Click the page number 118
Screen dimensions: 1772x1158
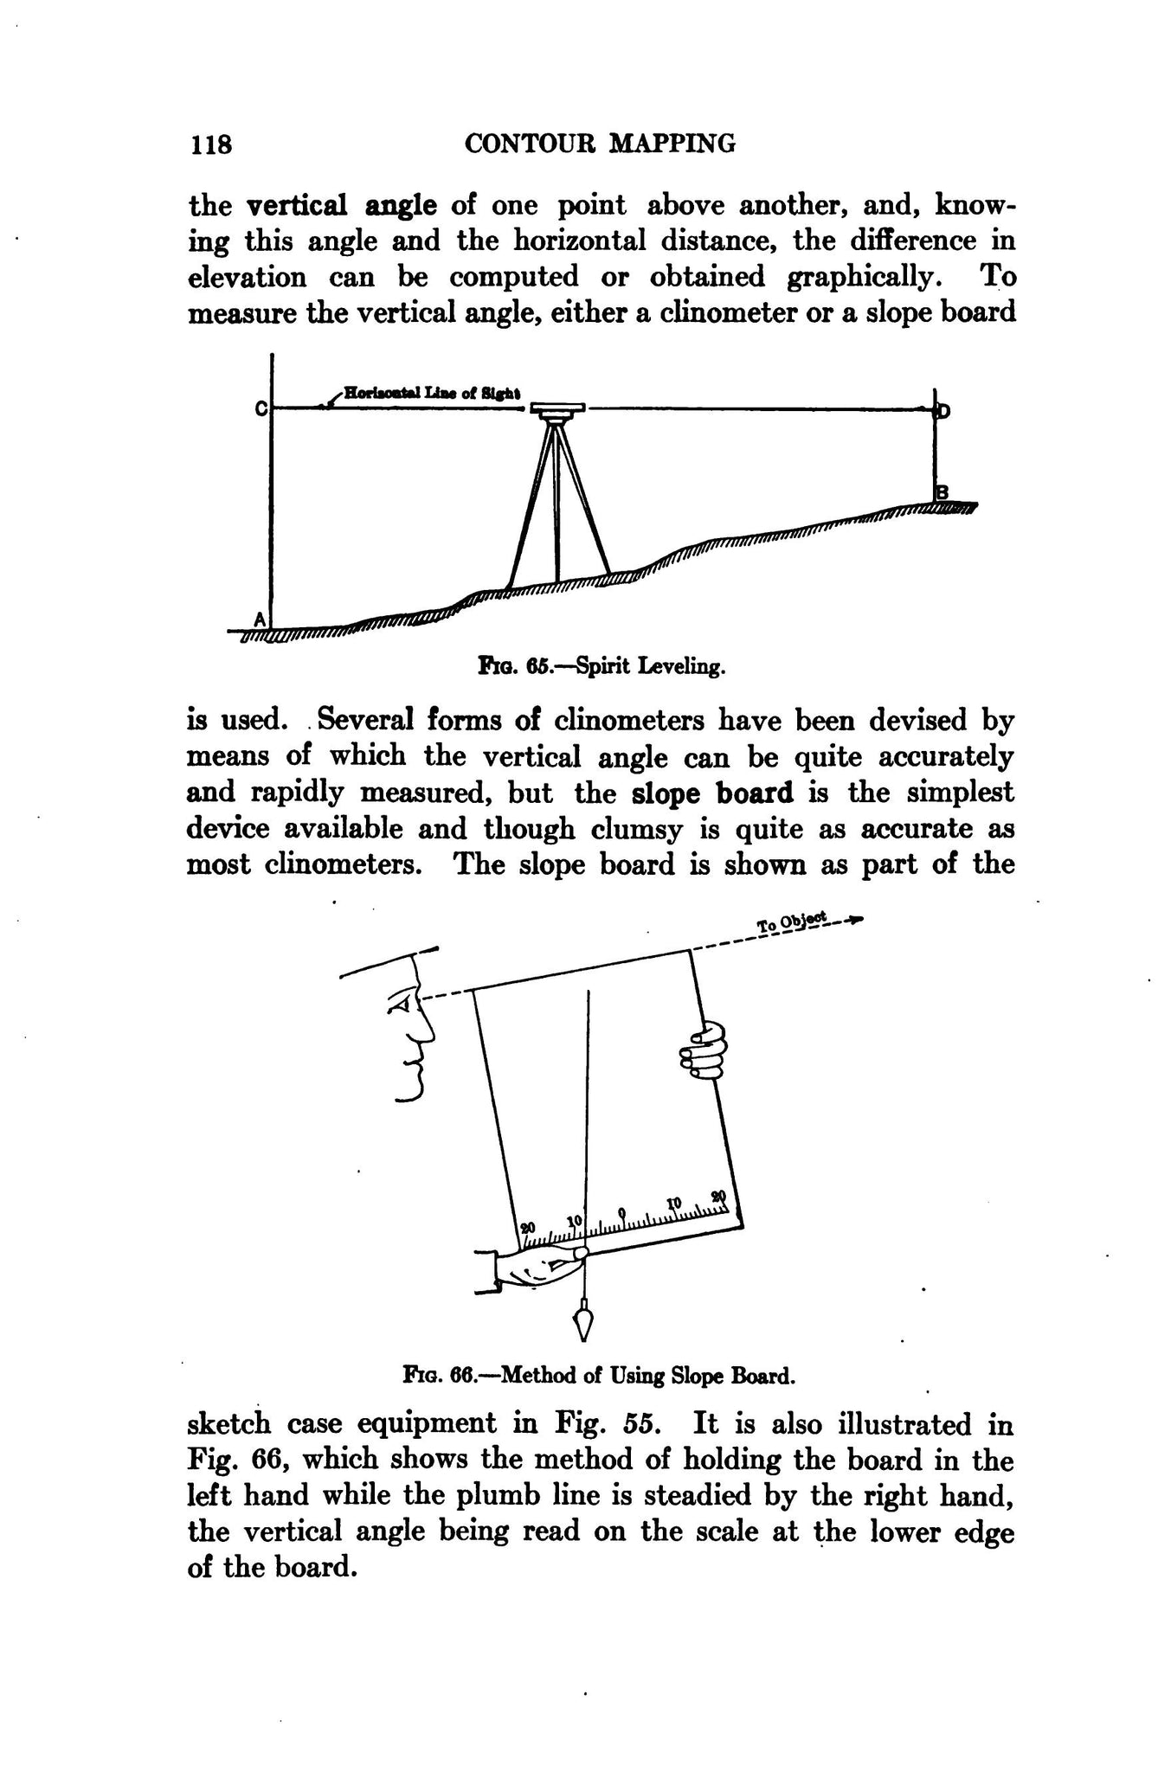(211, 144)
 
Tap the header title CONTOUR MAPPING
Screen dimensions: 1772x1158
(600, 143)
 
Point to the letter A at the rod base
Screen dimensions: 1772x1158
(259, 619)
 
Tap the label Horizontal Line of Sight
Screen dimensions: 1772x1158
(431, 392)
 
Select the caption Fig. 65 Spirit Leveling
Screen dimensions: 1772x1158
(600, 668)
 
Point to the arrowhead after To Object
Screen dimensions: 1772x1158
(857, 921)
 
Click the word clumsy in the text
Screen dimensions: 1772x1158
(639, 829)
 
